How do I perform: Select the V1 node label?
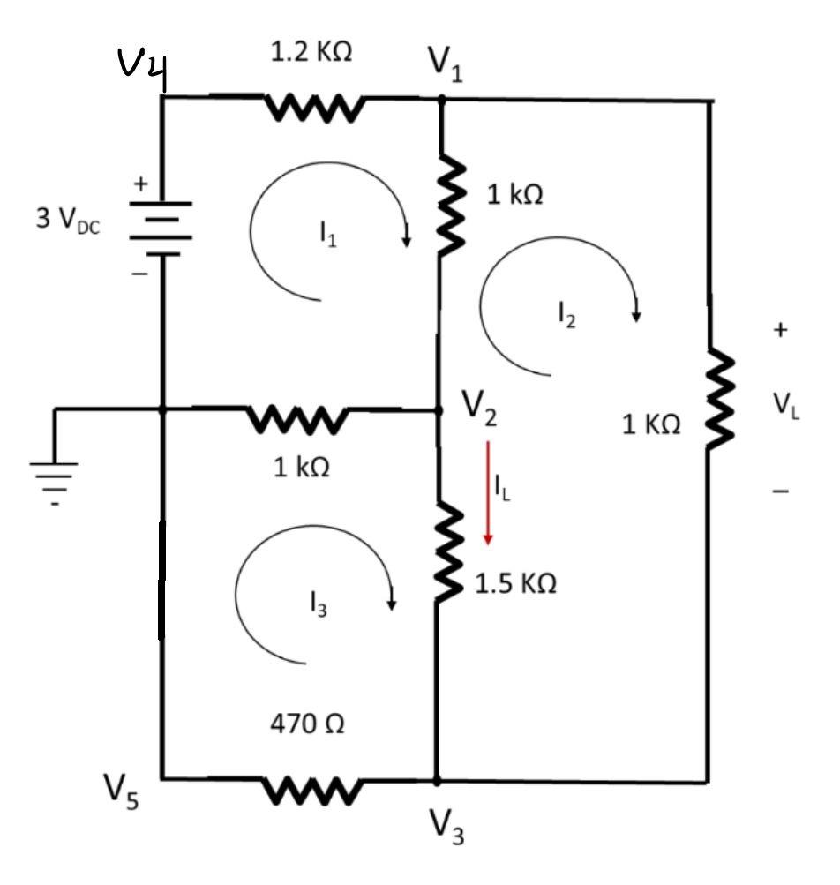point(446,62)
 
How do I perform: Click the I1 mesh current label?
point(327,236)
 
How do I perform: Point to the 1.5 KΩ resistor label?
point(516,584)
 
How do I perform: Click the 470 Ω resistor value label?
point(307,724)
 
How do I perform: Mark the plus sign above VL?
point(779,330)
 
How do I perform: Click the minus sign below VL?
point(780,491)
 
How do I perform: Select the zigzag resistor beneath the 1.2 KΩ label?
point(313,109)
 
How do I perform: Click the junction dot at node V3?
point(437,781)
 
